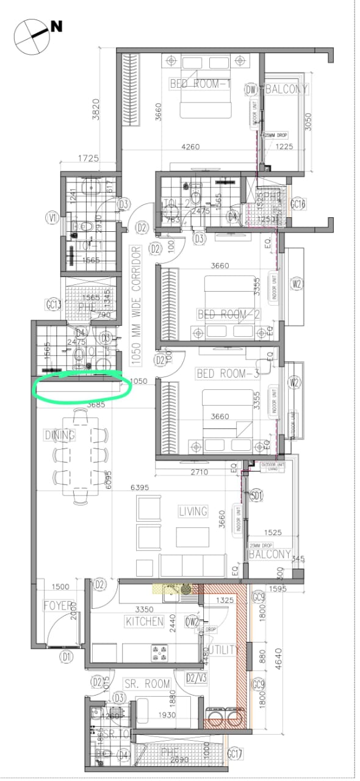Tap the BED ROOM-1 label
[x=199, y=85]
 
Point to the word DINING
[x=59, y=435]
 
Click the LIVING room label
[x=193, y=511]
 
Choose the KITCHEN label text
[x=145, y=621]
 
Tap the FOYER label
[x=58, y=606]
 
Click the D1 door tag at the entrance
[x=66, y=657]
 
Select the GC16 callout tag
[x=297, y=204]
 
